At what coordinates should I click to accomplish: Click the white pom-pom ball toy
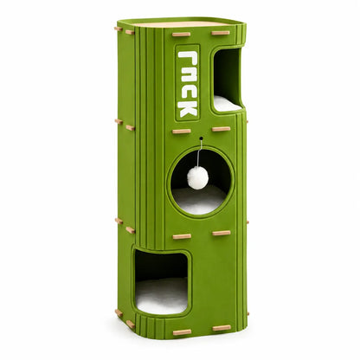197,177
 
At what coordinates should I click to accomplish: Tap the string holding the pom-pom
199,154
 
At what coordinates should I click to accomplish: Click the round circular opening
201,182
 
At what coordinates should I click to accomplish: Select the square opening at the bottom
162,282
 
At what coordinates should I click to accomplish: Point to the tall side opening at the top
228,80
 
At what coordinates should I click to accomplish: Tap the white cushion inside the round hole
199,200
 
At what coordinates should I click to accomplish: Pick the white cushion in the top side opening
228,104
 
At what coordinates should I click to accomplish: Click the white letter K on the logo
188,108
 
